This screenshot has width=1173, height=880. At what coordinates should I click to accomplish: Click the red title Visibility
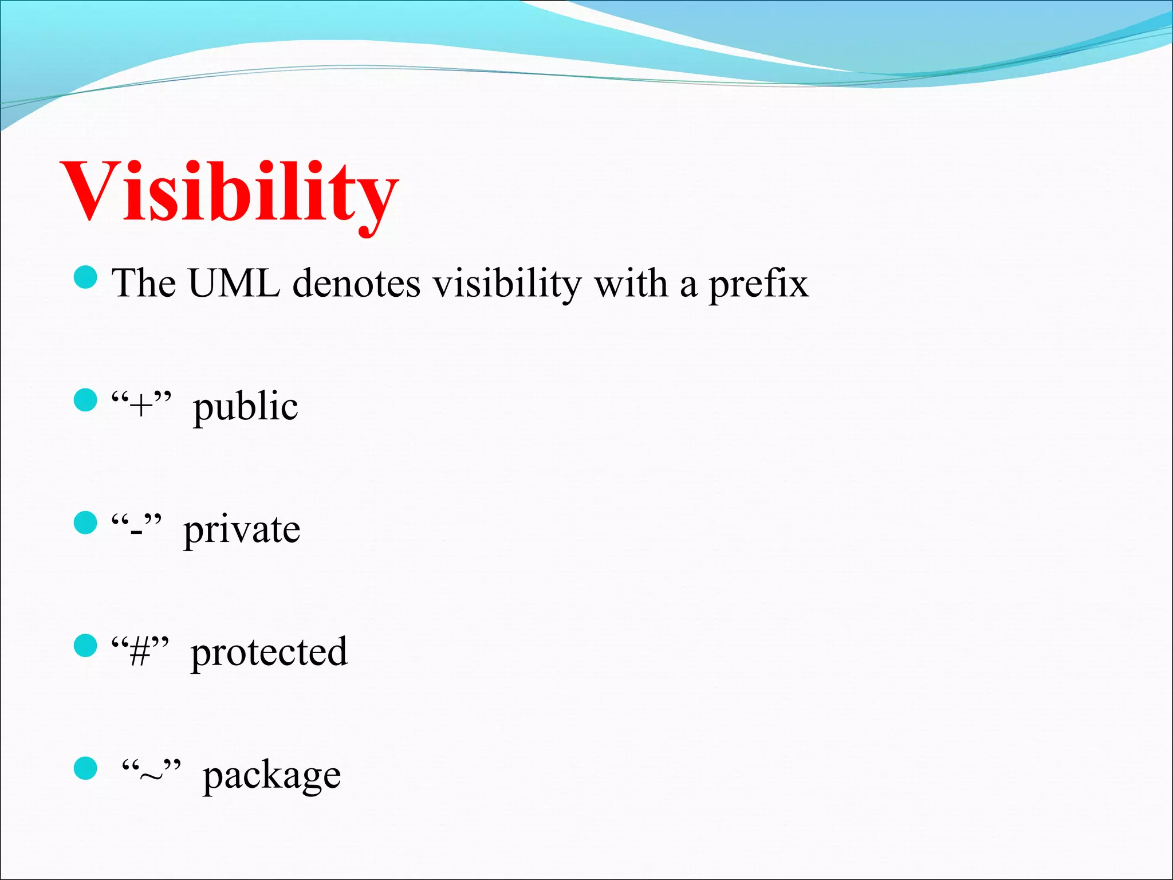point(229,192)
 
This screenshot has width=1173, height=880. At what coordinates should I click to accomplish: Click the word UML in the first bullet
point(234,283)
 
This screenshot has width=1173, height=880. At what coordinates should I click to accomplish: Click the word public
point(245,407)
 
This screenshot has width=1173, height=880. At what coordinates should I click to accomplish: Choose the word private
point(241,530)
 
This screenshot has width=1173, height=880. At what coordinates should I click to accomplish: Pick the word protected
point(269,653)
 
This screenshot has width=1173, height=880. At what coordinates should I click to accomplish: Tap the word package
point(271,776)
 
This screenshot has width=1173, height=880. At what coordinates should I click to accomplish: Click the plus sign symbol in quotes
point(141,407)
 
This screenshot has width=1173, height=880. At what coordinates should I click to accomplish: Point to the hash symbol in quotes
point(140,653)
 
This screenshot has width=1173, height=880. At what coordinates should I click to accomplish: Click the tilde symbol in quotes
point(151,776)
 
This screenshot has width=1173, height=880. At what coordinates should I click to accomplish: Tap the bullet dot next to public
point(86,400)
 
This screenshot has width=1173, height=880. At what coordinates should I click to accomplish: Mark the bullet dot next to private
point(86,522)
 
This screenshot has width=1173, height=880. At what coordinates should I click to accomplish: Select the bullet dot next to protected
point(86,645)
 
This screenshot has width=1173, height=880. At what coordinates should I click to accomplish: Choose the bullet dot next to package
point(86,768)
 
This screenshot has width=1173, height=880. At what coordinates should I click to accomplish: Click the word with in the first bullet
point(631,283)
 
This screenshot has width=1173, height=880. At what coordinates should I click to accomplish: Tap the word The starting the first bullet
point(144,283)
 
